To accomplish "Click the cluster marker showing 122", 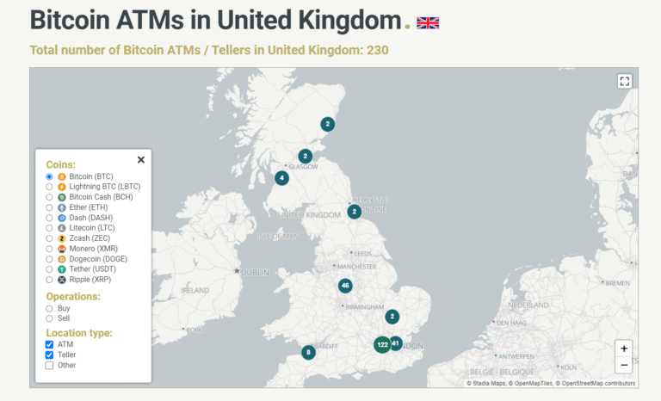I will pyautogui.click(x=382, y=344).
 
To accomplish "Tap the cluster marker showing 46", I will pyautogui.click(x=345, y=286).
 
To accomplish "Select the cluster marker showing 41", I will pyautogui.click(x=396, y=343).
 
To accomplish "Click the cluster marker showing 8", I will pyautogui.click(x=308, y=352).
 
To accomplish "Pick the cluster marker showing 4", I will pyautogui.click(x=281, y=178).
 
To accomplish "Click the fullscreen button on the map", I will pyautogui.click(x=625, y=81).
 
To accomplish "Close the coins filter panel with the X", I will pyautogui.click(x=141, y=159).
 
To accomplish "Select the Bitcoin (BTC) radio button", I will pyautogui.click(x=50, y=176).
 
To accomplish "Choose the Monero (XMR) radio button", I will pyautogui.click(x=50, y=249).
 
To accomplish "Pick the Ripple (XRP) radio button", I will pyautogui.click(x=50, y=280).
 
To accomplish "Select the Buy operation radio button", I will pyautogui.click(x=50, y=308).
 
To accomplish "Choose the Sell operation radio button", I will pyautogui.click(x=50, y=318).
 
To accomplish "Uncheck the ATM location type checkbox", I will pyautogui.click(x=50, y=344).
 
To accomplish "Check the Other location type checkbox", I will pyautogui.click(x=50, y=365).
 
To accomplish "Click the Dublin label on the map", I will pyautogui.click(x=256, y=272).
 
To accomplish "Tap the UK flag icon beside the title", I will pyautogui.click(x=428, y=22).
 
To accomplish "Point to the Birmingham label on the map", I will pyautogui.click(x=365, y=306).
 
